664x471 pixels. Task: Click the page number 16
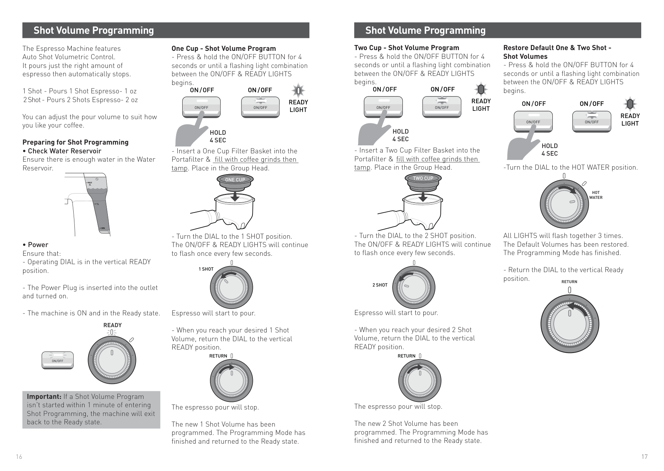(19, 457)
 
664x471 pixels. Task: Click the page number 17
(644, 457)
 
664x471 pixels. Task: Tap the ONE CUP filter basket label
(235, 180)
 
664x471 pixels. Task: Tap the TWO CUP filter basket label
(423, 178)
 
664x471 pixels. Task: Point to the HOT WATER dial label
(596, 195)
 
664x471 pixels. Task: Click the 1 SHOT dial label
(206, 269)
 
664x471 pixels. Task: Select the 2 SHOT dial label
(380, 285)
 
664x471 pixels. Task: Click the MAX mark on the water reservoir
(90, 183)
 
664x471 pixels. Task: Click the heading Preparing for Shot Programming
(75, 142)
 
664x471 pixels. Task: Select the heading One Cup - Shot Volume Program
(224, 49)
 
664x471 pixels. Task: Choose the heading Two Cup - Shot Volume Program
(407, 48)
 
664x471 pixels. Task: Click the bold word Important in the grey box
(44, 397)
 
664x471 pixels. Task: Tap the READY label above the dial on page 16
(112, 325)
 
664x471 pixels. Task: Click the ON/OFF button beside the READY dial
(57, 361)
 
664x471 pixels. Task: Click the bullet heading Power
(38, 245)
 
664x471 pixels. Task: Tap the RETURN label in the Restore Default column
(569, 282)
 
